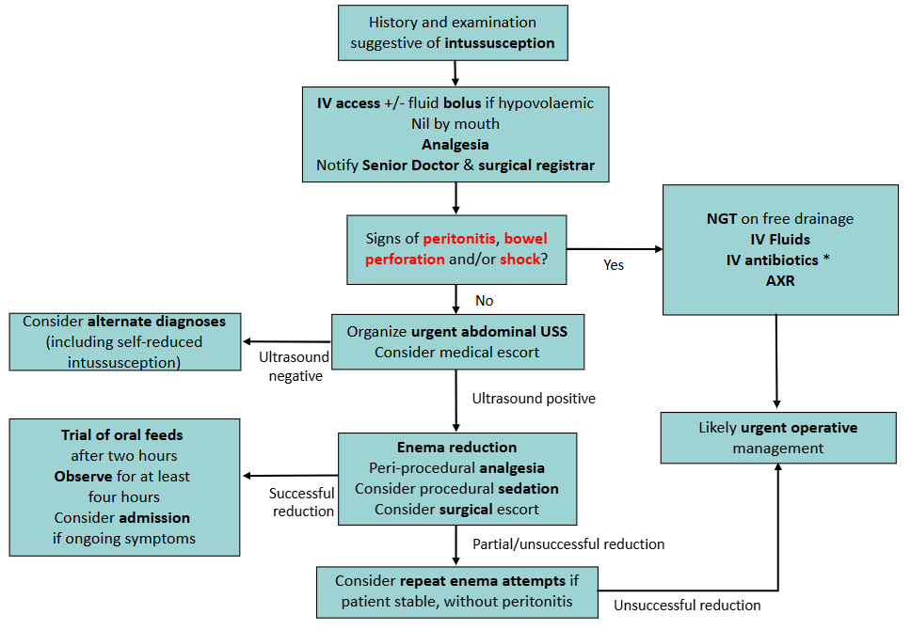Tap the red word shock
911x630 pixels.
pos(520,259)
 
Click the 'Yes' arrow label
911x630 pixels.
pos(615,265)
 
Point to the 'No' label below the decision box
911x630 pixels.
pos(485,301)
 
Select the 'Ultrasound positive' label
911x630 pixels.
pos(534,398)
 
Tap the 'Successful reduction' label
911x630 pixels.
pos(302,502)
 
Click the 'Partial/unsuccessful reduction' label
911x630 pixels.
pos(568,543)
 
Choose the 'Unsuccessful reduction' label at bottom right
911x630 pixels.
pos(687,605)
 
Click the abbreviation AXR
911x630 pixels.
pos(779,281)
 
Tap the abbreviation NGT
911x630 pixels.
pos(723,218)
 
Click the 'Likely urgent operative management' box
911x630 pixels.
pos(777,437)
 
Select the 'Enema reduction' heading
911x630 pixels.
pos(456,447)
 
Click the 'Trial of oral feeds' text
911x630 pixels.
pos(123,434)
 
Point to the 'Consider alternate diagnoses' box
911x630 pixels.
pos(123,341)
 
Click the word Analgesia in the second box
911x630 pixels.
pos(455,145)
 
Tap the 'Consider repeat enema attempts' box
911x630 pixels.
pos(456,591)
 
